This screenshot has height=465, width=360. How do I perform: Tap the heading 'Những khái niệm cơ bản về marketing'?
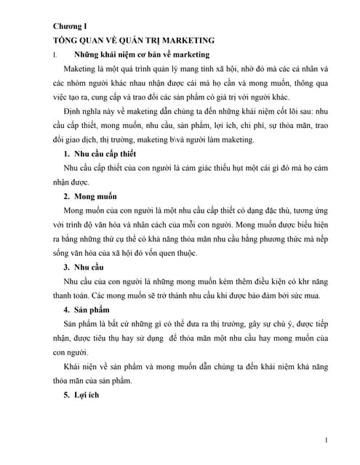(x=143, y=55)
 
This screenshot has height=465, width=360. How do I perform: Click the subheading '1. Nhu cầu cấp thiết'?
(x=105, y=154)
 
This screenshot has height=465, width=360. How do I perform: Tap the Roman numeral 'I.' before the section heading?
(x=47, y=55)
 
